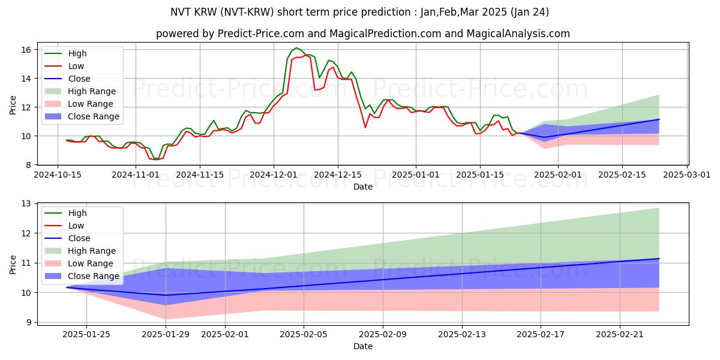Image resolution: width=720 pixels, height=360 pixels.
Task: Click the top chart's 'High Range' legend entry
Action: click(92, 91)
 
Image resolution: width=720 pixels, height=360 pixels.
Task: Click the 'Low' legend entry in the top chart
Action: click(76, 66)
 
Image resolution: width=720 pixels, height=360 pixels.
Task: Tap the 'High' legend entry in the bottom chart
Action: click(77, 213)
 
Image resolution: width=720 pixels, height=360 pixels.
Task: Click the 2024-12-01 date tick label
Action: click(274, 175)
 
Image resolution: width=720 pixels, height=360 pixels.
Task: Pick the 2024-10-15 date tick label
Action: click(58, 175)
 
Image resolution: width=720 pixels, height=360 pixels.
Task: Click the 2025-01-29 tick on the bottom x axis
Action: click(166, 334)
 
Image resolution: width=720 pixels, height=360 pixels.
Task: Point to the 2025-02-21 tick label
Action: click(619, 334)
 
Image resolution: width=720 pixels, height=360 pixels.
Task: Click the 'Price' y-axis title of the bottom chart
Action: click(13, 264)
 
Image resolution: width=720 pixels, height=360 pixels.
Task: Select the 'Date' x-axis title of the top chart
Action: click(363, 187)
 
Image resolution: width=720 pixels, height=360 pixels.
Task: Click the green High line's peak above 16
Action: click(296, 48)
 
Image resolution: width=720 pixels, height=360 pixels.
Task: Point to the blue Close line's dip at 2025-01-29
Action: click(166, 295)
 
